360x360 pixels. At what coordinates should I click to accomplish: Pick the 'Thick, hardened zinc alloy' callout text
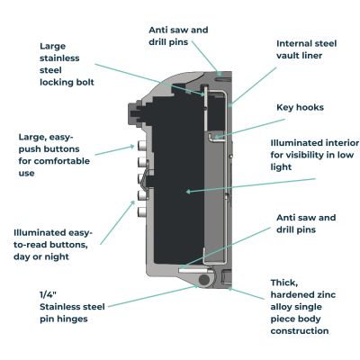[301, 306]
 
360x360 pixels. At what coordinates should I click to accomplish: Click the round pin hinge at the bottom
[206, 281]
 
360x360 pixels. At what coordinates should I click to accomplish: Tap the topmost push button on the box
[141, 145]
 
